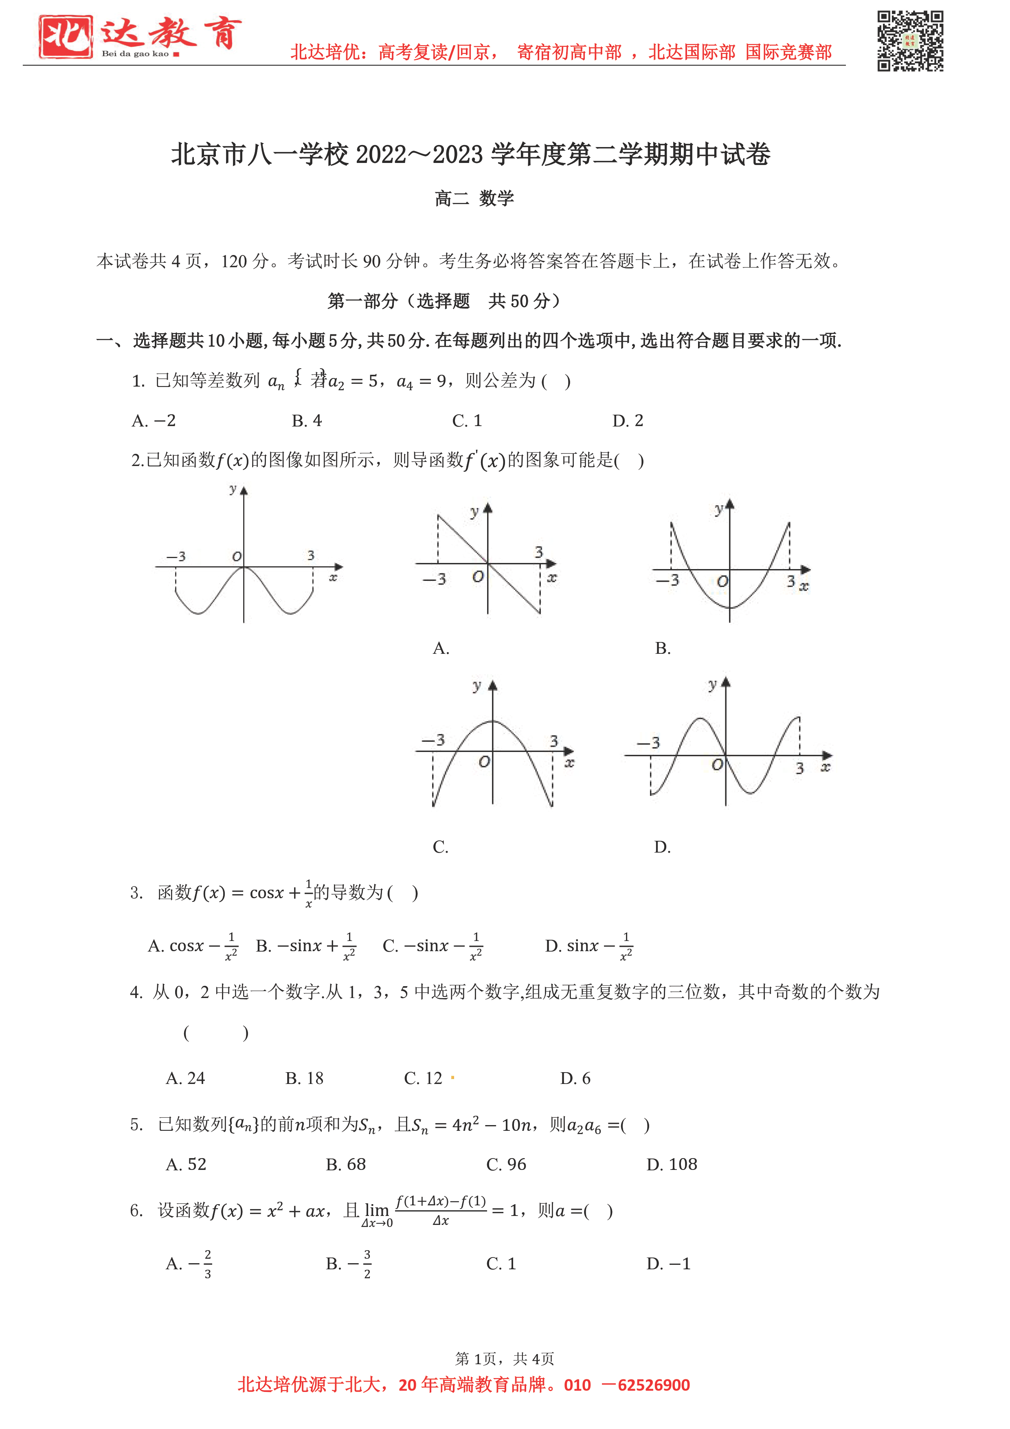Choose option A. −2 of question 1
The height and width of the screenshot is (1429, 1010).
point(154,421)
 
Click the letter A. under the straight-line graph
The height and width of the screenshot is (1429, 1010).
point(441,649)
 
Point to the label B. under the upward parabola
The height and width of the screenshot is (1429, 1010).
point(663,649)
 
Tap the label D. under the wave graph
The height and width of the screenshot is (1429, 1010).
point(662,847)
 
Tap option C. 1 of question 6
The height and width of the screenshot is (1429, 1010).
point(501,1264)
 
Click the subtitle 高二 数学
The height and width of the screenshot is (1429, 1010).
point(474,198)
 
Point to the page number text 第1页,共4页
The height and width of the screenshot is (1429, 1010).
point(504,1359)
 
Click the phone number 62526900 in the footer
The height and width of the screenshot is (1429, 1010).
point(653,1385)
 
